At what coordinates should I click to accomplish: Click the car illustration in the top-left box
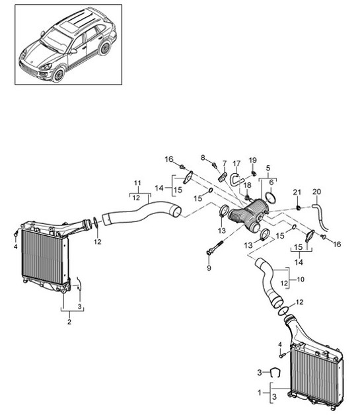click(x=69, y=50)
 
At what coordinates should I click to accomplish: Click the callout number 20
click(x=316, y=192)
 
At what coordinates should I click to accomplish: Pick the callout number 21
click(x=297, y=192)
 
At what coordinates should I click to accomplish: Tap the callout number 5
click(x=268, y=169)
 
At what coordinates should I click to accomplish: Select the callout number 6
click(x=270, y=181)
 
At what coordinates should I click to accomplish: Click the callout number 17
click(x=236, y=163)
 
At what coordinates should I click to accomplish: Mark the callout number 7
click(x=223, y=163)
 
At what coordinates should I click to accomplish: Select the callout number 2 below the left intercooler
click(x=68, y=322)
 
